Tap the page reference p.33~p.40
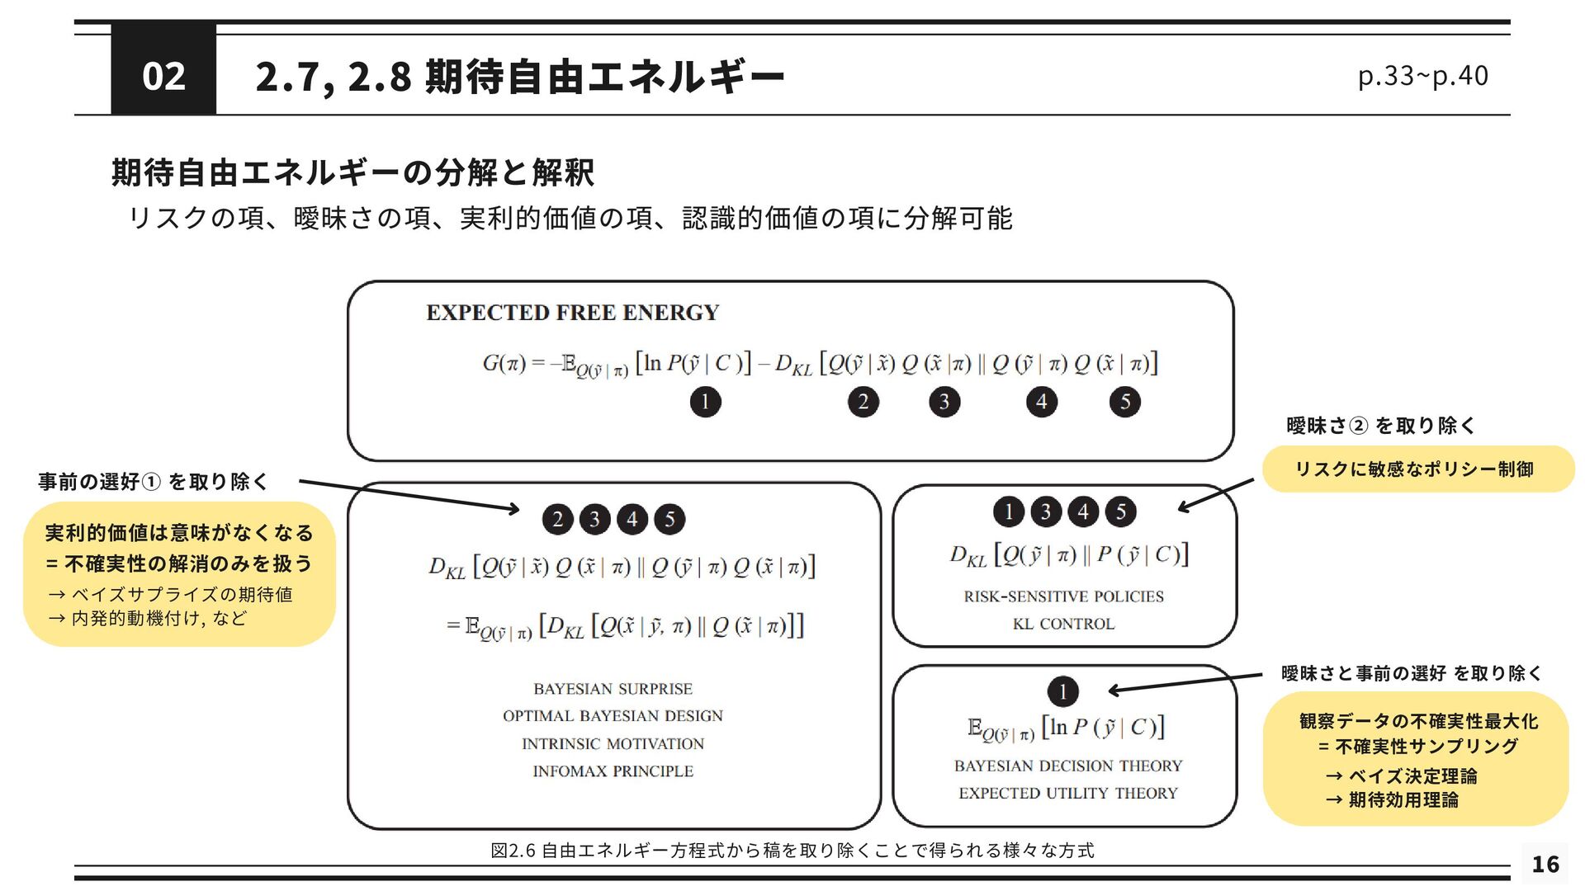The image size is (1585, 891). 1422,76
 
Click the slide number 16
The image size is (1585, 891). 1545,864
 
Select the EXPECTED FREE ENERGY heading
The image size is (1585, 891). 572,313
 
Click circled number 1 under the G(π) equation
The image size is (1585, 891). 705,402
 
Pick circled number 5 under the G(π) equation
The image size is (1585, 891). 1124,402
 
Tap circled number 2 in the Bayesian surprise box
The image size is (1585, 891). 558,519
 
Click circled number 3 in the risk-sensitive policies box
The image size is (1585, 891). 1046,511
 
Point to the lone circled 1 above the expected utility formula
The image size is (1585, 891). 1062,691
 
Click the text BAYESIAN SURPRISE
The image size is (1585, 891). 613,689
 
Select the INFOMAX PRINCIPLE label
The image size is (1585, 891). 613,771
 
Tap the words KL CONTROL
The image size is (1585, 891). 1063,624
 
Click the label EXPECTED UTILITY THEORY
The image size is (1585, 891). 1067,793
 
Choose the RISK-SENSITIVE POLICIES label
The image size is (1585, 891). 1063,596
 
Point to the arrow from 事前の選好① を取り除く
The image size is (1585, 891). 409,496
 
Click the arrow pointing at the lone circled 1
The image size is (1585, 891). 1185,682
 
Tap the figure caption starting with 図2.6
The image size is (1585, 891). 792,850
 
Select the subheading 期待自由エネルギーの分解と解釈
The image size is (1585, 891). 352,172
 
